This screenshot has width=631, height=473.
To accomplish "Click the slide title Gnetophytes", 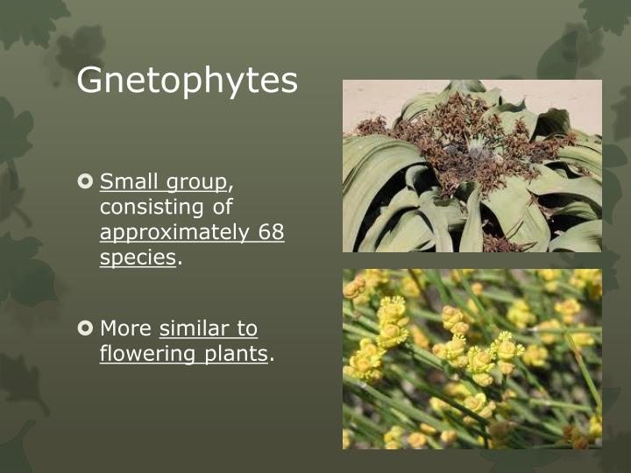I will point(187,81).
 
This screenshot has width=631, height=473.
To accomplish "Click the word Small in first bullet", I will point(128,182).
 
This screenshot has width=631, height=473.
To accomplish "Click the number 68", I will point(271,233).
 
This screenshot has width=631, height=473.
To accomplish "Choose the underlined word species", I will point(138,258).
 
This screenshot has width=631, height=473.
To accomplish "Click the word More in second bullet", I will point(125,328).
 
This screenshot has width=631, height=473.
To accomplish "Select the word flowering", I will point(147,354).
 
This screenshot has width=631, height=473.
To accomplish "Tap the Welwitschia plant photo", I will point(471,166).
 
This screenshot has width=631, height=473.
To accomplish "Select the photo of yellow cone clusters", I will point(471,359).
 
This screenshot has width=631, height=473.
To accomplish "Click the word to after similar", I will point(247,328).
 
